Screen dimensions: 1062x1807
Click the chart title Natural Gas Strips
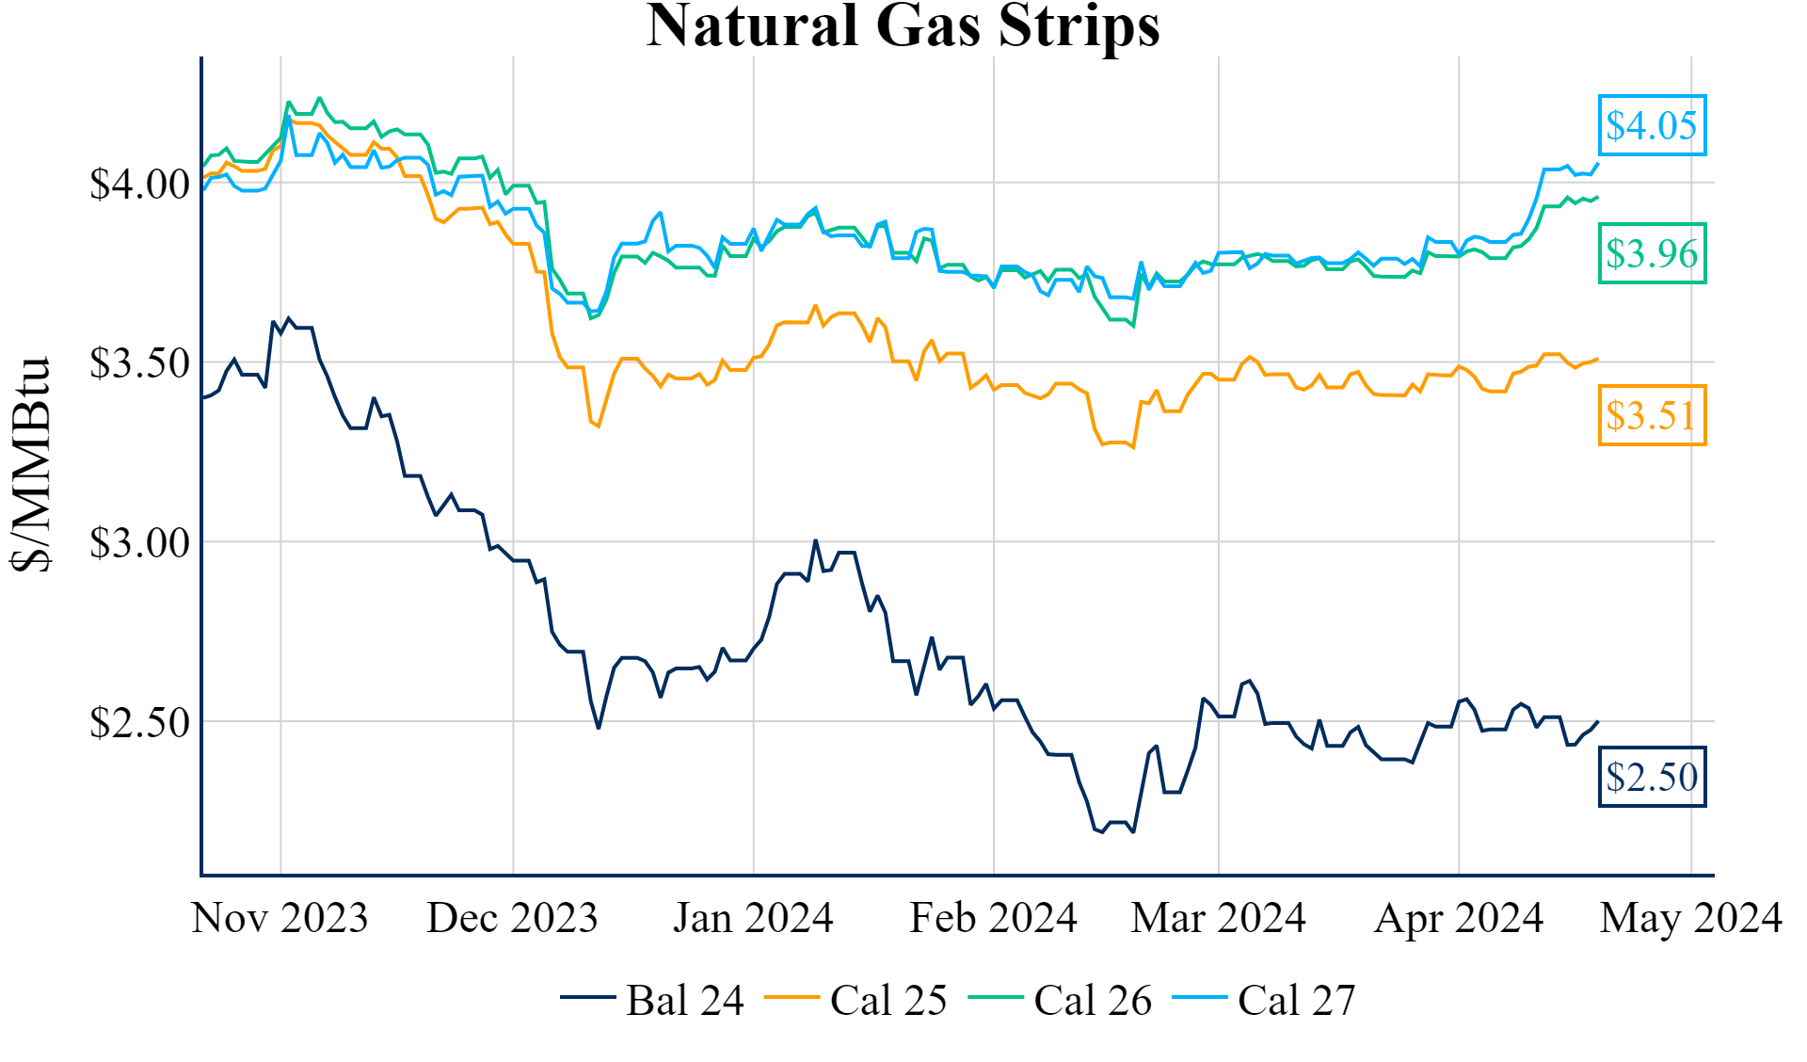(903, 26)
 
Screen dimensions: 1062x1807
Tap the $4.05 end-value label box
(1652, 125)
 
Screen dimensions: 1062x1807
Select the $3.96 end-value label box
(1652, 253)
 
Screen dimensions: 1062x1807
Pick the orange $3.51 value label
(1652, 415)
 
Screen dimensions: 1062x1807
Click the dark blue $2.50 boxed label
(1652, 777)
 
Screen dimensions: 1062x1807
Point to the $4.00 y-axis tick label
(139, 185)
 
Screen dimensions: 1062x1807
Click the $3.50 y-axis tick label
(139, 363)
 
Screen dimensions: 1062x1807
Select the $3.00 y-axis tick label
(139, 543)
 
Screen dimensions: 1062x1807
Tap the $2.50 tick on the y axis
(139, 723)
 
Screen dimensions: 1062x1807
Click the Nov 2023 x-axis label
(280, 918)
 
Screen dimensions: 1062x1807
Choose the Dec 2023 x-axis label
(512, 918)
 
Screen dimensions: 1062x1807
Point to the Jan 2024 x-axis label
(753, 918)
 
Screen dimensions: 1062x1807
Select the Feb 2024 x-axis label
(993, 918)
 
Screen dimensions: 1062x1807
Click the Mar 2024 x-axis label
(1218, 918)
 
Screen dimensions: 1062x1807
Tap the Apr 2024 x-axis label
(1459, 918)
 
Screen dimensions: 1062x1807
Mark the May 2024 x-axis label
(1691, 918)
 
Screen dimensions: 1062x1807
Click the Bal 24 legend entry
(652, 1000)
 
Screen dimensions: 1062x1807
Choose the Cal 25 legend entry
(856, 1000)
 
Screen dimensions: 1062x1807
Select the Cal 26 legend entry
(1061, 1000)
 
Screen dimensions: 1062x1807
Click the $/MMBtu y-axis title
(32, 464)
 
